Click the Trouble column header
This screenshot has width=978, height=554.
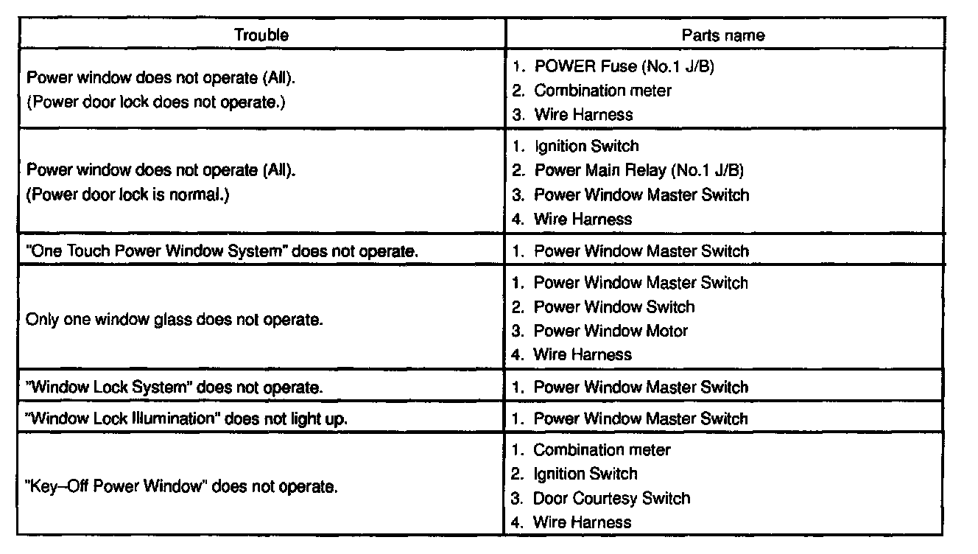pyautogui.click(x=261, y=35)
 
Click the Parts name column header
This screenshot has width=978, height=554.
pyautogui.click(x=722, y=35)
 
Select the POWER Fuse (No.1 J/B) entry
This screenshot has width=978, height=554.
pyautogui.click(x=624, y=66)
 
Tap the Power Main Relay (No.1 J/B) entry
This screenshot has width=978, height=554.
pyautogui.click(x=638, y=171)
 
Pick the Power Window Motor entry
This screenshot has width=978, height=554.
pyautogui.click(x=611, y=331)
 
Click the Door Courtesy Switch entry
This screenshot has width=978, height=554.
pyautogui.click(x=611, y=498)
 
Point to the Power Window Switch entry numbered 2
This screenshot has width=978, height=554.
pyautogui.click(x=613, y=306)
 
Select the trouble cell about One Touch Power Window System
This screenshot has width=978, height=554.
pyautogui.click(x=222, y=251)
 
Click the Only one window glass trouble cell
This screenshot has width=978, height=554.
pyautogui.click(x=175, y=320)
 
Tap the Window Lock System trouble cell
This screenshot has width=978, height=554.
pyautogui.click(x=174, y=388)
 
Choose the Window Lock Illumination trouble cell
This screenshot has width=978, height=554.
pyautogui.click(x=186, y=419)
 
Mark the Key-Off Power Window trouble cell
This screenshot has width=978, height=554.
pyautogui.click(x=182, y=487)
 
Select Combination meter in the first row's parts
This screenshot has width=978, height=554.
pyautogui.click(x=602, y=91)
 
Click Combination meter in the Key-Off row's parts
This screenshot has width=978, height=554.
pyautogui.click(x=602, y=449)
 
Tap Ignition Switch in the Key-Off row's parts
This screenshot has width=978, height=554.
pyautogui.click(x=585, y=474)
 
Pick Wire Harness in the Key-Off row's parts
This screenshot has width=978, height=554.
pyautogui.click(x=582, y=522)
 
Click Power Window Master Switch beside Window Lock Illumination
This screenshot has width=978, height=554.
pyautogui.click(x=640, y=419)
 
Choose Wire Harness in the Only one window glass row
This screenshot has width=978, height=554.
pyautogui.click(x=582, y=354)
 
